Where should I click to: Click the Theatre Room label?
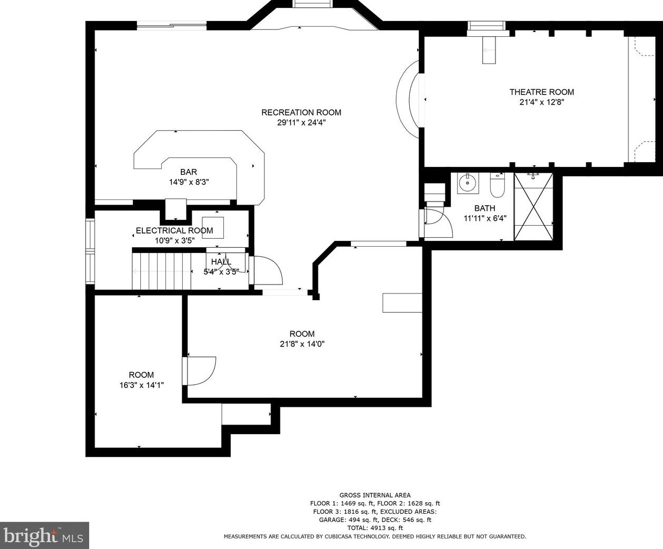click(542, 92)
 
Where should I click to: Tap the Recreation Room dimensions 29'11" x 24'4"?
click(302, 122)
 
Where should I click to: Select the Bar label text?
click(189, 172)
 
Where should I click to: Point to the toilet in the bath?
click(497, 185)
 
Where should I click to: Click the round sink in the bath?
click(468, 183)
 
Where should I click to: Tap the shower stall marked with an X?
click(533, 207)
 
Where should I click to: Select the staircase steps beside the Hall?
click(161, 271)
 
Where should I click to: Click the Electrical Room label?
click(174, 230)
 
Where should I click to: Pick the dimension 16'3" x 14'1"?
click(142, 385)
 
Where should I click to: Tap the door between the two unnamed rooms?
click(199, 371)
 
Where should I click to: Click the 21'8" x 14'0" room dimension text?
click(302, 344)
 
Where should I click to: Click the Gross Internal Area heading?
click(375, 495)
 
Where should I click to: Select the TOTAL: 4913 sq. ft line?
click(375, 528)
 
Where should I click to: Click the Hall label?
click(221, 262)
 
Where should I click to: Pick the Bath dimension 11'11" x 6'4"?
click(485, 218)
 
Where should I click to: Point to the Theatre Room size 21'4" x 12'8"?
click(542, 102)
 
